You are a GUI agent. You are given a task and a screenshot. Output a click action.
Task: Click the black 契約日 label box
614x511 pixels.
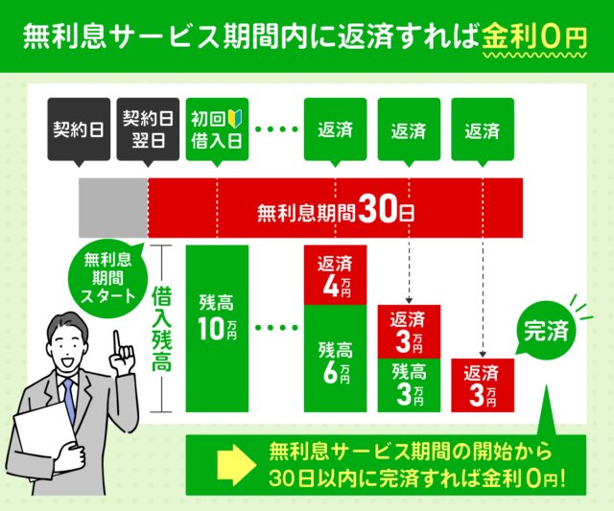(x=79, y=130)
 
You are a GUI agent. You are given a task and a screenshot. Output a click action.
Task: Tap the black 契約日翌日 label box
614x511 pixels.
(x=148, y=130)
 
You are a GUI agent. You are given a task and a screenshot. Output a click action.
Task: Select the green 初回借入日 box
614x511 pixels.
(x=217, y=130)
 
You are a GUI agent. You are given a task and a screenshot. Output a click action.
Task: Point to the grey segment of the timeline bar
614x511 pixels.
(x=113, y=208)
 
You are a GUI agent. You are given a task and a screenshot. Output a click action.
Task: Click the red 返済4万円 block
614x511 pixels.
(x=335, y=275)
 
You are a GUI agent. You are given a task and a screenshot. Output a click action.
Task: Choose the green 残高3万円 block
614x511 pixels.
(x=410, y=383)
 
